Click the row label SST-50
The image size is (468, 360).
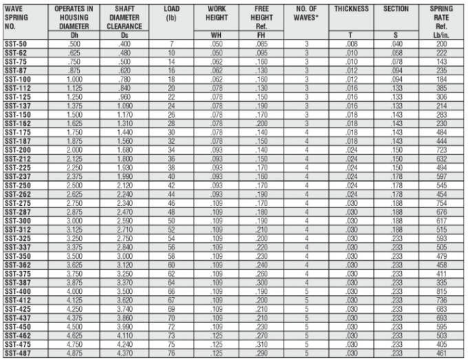coord(16,44)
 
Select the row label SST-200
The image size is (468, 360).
coord(18,149)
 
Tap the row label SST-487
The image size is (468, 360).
coord(18,353)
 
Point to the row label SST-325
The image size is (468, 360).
coord(18,237)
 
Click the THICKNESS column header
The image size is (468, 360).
coord(351,9)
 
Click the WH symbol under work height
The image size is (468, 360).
coord(216,34)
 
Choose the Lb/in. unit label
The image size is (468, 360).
coord(440,34)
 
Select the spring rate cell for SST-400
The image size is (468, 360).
coord(440,290)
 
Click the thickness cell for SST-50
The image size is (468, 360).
coord(351,44)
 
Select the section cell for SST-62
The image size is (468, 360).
coord(396,53)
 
